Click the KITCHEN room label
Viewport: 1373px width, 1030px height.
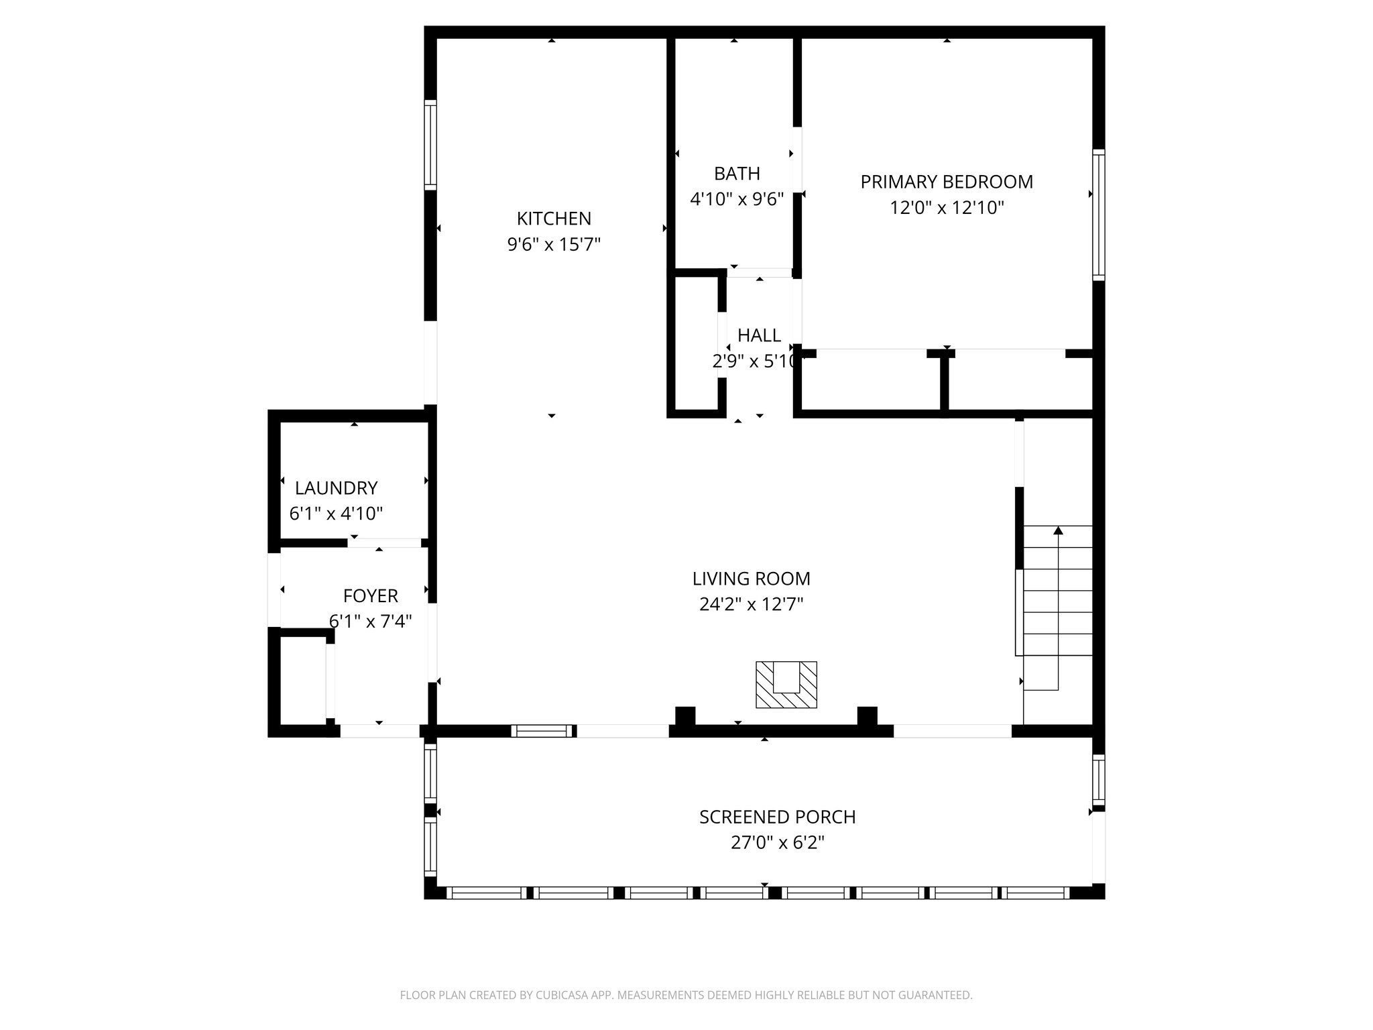[554, 219]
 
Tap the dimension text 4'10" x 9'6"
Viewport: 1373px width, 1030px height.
[737, 199]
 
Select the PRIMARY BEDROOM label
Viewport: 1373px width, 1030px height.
[947, 182]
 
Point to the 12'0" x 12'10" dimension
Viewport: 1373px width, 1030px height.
[947, 208]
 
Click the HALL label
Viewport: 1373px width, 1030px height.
[759, 335]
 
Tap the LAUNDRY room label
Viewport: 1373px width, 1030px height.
[336, 488]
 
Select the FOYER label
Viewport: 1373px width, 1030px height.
[370, 595]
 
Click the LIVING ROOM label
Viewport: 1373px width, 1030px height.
[751, 579]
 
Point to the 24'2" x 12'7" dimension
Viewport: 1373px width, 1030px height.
[751, 605]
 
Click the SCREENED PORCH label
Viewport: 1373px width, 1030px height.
[777, 817]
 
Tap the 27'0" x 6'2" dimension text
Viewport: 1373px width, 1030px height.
[777, 843]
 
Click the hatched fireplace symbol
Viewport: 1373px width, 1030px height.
[786, 685]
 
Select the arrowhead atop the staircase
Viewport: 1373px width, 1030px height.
[1058, 530]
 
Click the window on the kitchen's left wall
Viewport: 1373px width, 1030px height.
[430, 144]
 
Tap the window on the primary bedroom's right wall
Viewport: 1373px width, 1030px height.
[1098, 214]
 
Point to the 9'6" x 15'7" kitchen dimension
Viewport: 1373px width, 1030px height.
[554, 245]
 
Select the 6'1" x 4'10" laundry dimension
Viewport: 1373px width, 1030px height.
[336, 514]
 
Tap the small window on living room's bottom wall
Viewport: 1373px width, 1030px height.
[542, 731]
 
